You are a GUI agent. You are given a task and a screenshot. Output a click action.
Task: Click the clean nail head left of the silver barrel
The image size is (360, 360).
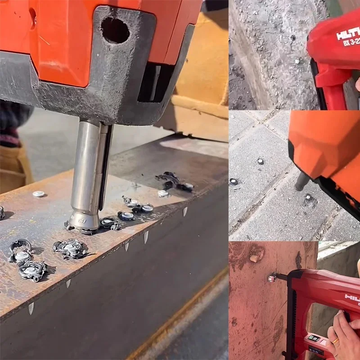pos(39,194)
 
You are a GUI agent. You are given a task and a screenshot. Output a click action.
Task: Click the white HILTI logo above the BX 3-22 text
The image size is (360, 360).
pos(348,34)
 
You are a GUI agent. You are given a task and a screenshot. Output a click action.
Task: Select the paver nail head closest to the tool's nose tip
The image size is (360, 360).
pos(308,197)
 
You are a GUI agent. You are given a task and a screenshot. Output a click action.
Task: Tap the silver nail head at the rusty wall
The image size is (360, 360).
pos(271,279)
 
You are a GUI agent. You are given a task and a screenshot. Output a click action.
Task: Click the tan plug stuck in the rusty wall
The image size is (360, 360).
pos(254,258)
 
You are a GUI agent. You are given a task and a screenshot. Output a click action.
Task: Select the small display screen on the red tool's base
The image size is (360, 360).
pos(314,338)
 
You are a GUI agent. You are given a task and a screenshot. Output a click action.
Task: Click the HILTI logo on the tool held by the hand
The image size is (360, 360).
pos(352,297)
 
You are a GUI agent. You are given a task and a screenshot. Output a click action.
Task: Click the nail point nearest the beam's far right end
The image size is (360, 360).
pos(185,211)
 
